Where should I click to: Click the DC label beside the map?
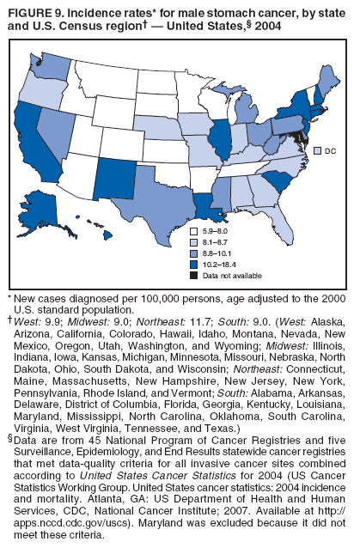(x=330, y=151)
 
